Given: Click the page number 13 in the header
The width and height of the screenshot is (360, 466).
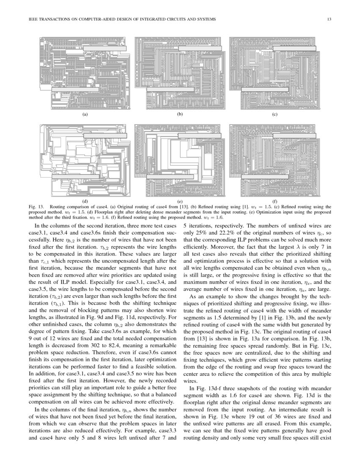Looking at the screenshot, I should click(329, 19).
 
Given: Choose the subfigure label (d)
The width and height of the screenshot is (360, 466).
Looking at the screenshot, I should click(85, 201).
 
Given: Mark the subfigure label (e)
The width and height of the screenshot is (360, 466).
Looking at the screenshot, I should click(180, 201).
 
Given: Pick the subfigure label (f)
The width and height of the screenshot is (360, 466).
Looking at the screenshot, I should click(274, 201).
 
